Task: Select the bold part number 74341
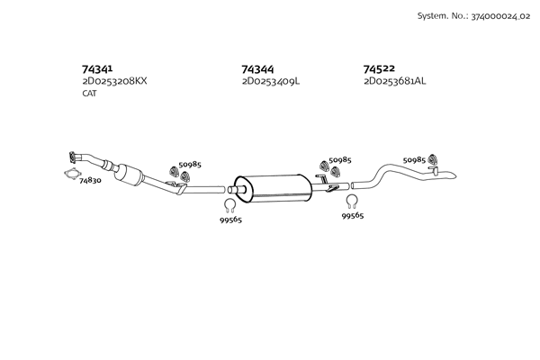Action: click(97, 68)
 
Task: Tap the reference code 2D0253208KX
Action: click(114, 81)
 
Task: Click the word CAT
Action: click(89, 94)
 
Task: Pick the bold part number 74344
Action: click(257, 68)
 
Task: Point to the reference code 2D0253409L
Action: click(271, 81)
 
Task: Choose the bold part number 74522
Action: click(379, 68)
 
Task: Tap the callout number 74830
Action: click(90, 181)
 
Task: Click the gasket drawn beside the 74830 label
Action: click(70, 175)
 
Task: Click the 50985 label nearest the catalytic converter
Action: click(190, 164)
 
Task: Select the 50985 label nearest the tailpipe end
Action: click(414, 159)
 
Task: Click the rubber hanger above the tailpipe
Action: click(432, 160)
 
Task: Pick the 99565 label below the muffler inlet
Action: click(230, 219)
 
